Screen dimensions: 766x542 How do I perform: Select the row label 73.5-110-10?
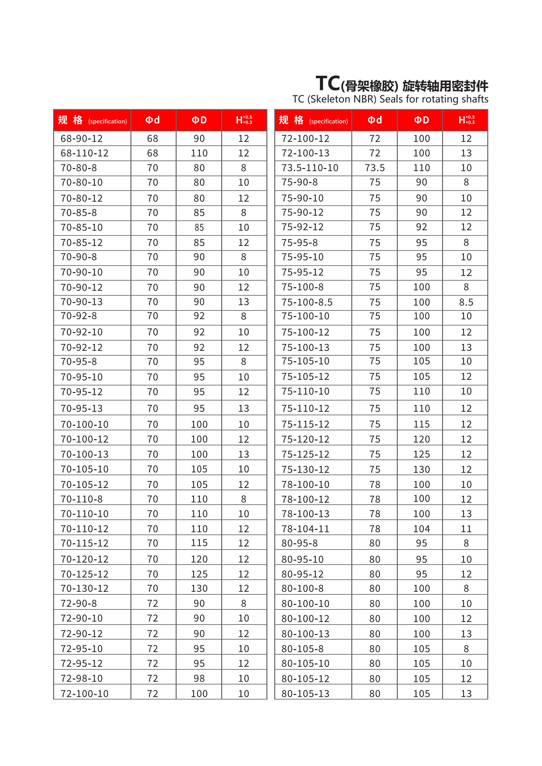tap(310, 168)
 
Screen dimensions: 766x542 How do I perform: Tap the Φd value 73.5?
tap(375, 168)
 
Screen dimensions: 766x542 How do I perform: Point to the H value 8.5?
tap(466, 302)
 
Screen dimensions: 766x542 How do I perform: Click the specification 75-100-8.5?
tap(307, 302)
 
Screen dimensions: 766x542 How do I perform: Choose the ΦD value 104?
tap(421, 529)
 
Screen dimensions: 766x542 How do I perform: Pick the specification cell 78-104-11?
tap(305, 529)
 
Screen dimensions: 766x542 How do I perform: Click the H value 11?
tap(466, 529)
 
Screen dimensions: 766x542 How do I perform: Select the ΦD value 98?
tap(199, 678)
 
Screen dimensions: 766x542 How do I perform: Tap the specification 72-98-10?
tap(82, 678)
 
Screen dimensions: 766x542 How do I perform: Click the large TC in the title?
tap(328, 84)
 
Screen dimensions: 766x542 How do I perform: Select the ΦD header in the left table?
tap(199, 120)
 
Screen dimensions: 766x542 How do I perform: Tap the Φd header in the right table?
tap(375, 120)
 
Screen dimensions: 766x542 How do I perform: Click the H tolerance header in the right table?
tap(466, 120)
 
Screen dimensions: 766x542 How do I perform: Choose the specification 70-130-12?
tap(85, 588)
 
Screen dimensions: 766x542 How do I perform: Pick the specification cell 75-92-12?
tap(302, 227)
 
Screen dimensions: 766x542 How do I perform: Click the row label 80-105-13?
tap(305, 694)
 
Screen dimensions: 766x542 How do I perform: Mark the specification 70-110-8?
tap(82, 499)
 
